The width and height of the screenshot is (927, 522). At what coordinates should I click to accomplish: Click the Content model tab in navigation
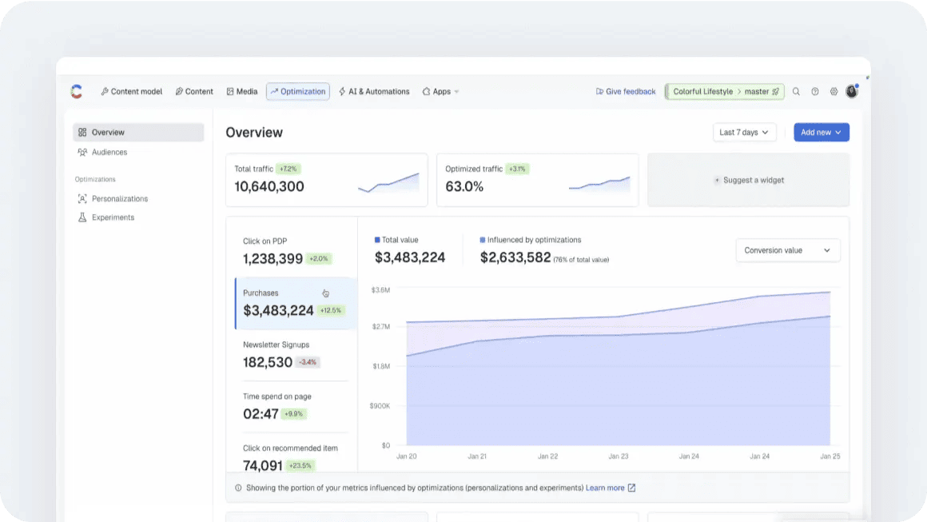click(131, 92)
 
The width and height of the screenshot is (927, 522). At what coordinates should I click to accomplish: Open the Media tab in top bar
click(242, 92)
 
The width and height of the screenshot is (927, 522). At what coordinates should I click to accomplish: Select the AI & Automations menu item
click(374, 92)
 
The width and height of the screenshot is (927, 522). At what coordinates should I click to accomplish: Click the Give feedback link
click(626, 92)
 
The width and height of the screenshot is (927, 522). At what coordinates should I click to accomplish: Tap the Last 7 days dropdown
click(744, 133)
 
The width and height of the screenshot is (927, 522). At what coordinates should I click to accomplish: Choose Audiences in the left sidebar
click(109, 152)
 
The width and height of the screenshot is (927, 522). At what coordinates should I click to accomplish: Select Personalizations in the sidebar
click(119, 198)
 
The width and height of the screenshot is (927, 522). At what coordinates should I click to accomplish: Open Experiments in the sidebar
click(113, 217)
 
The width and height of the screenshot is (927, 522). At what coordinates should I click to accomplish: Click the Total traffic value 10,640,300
click(269, 187)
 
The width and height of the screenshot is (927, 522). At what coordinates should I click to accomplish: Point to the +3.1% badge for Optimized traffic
click(518, 169)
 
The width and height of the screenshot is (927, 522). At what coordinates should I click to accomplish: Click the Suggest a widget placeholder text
click(753, 181)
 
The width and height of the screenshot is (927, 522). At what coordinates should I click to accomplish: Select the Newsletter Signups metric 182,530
click(268, 362)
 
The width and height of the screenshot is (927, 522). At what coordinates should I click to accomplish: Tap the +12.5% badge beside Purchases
click(330, 311)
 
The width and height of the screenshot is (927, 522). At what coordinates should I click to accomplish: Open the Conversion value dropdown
click(787, 250)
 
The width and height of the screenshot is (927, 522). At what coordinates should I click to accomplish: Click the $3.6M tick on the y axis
click(380, 289)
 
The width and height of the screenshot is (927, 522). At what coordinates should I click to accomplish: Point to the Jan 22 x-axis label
click(547, 456)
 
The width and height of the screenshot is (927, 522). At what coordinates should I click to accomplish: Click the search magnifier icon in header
click(796, 92)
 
